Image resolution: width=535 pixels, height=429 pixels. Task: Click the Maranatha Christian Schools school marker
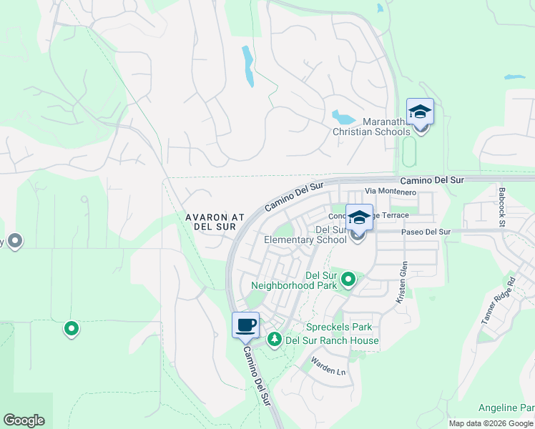click(420, 113)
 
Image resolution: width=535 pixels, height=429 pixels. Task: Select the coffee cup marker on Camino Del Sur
click(245, 325)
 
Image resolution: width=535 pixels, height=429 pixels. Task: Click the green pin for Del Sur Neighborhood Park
click(348, 279)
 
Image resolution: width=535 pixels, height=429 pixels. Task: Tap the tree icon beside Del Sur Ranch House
click(274, 340)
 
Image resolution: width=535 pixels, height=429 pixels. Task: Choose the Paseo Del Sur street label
click(426, 232)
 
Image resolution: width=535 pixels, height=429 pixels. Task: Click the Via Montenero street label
click(390, 192)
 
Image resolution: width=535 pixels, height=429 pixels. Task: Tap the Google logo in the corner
click(24, 420)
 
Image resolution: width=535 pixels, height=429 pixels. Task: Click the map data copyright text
click(491, 423)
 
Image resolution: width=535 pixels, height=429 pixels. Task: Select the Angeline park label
click(508, 408)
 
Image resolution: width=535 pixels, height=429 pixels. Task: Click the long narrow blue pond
click(247, 66)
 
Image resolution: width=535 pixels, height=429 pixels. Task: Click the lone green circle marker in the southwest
click(72, 329)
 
